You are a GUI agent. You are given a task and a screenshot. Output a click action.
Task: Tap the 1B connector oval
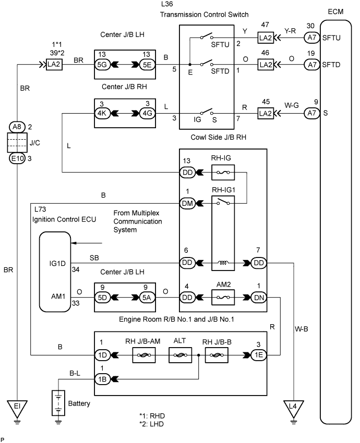click(x=102, y=378)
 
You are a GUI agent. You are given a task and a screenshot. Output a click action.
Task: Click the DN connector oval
click(x=259, y=299)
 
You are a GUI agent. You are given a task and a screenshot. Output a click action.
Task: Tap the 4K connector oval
click(x=102, y=113)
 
